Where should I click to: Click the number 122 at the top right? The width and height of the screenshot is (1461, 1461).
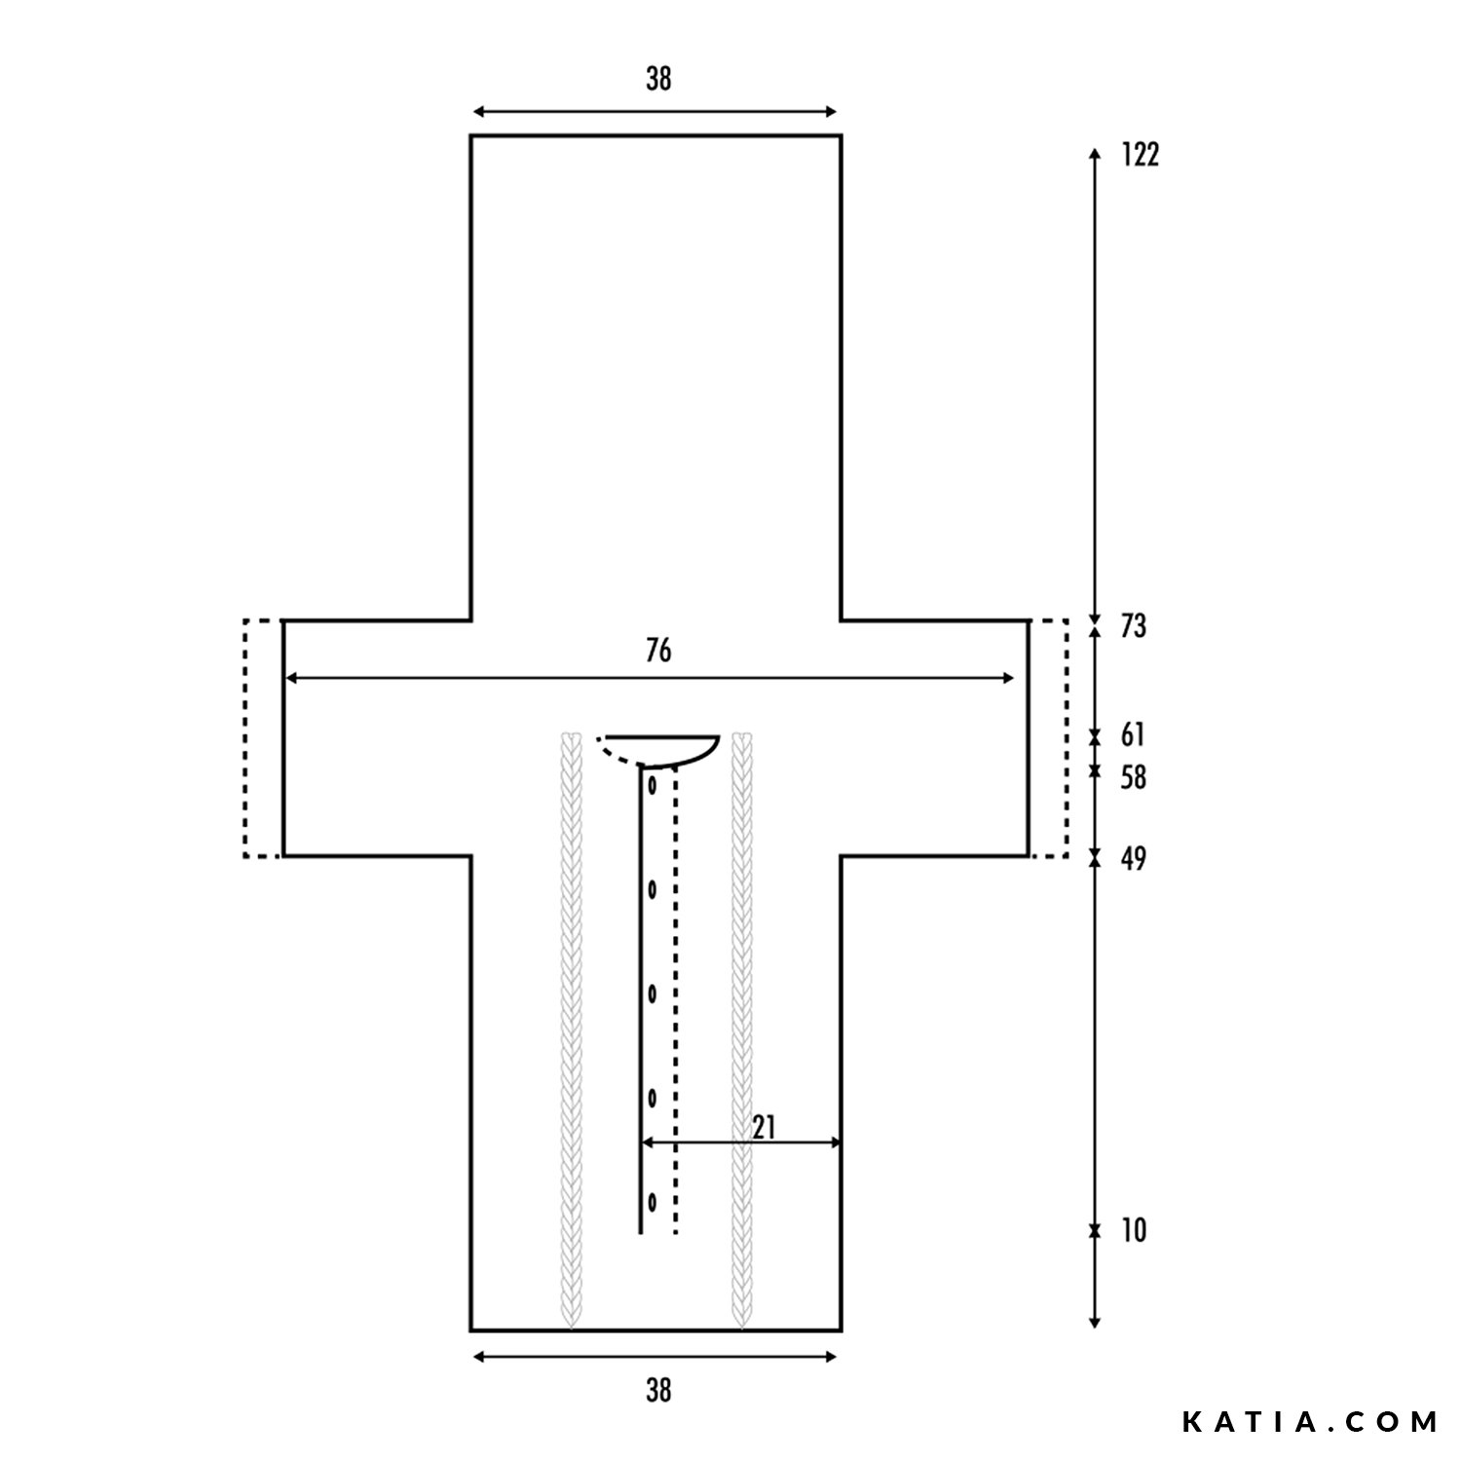[x=1140, y=155]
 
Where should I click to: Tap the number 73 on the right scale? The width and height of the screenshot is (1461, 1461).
[x=1133, y=626]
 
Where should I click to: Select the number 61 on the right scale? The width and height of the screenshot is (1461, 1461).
[x=1133, y=734]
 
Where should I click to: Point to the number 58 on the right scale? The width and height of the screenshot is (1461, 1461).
[x=1133, y=777]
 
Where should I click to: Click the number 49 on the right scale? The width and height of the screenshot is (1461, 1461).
[x=1133, y=859]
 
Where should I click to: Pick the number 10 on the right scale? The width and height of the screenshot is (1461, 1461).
[x=1134, y=1231]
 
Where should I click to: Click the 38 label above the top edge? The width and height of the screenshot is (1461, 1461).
[x=658, y=79]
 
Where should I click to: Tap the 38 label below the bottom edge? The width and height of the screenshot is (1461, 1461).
[x=658, y=1391]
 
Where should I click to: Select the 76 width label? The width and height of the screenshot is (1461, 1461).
[x=658, y=651]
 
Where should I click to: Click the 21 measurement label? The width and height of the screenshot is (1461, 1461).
[x=765, y=1127]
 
